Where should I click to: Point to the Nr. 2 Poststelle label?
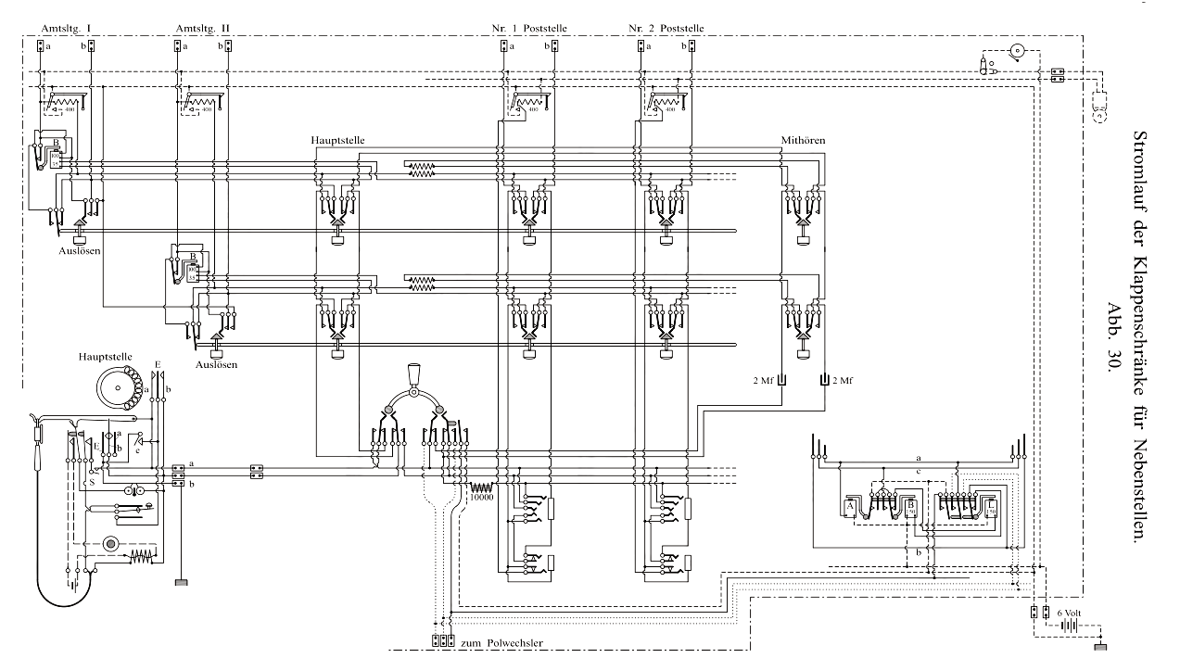click(x=666, y=29)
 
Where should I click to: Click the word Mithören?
click(x=803, y=140)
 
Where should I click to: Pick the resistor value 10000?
click(x=482, y=498)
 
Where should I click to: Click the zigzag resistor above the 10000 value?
click(x=482, y=487)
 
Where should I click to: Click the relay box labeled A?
click(x=849, y=507)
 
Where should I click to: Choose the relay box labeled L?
click(x=991, y=507)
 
